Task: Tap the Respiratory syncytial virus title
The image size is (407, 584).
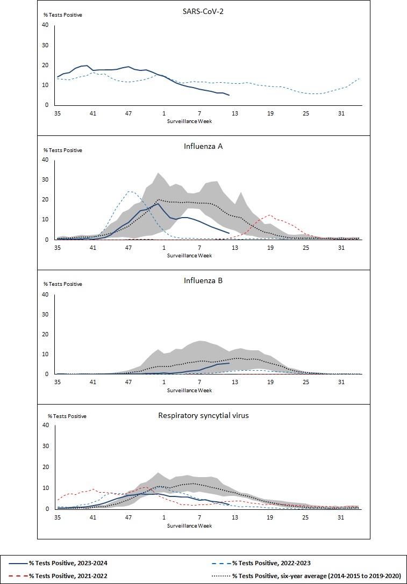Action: pos(203,415)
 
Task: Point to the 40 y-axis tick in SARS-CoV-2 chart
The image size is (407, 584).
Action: pos(45,25)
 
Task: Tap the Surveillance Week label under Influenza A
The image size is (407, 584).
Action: pos(190,255)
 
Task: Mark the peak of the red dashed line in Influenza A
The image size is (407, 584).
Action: pos(270,215)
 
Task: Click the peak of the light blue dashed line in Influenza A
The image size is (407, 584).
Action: pos(130,191)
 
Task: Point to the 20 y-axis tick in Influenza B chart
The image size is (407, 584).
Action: pos(45,334)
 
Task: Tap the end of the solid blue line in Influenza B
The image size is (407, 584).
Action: pos(230,363)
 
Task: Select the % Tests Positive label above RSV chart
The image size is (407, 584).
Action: pos(67,416)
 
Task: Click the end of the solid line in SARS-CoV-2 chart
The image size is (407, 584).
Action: pos(230,95)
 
